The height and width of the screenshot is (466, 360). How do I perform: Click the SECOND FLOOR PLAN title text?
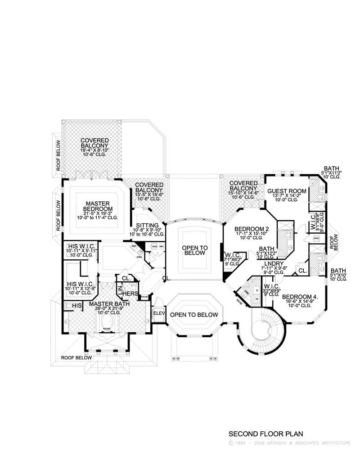pyautogui.click(x=266, y=434)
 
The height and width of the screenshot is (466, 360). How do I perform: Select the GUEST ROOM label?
pyautogui.click(x=287, y=191)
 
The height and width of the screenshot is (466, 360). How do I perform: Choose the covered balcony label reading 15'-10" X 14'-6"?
pyautogui.click(x=243, y=185)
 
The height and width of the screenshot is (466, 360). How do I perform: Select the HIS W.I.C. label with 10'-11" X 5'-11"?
pyautogui.click(x=81, y=246)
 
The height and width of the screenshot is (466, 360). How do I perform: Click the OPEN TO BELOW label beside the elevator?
pyautogui.click(x=195, y=315)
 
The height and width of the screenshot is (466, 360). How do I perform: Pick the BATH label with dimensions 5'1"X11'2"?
pyautogui.click(x=332, y=169)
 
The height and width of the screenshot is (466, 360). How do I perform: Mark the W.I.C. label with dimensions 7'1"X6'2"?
pyautogui.click(x=233, y=256)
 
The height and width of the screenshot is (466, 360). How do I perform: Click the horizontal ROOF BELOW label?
pyautogui.click(x=76, y=357)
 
